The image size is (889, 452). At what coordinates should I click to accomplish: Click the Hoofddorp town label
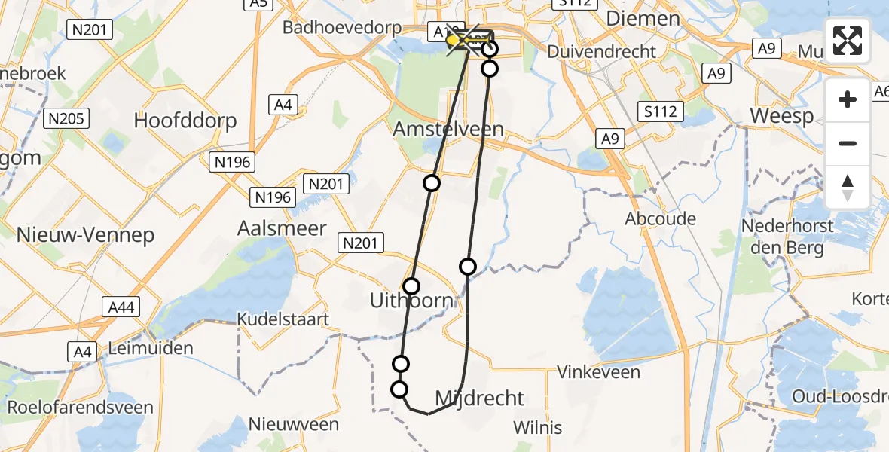click(185, 121)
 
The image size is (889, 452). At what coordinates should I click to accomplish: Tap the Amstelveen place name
click(448, 129)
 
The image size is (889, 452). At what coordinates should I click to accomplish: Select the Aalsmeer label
click(282, 228)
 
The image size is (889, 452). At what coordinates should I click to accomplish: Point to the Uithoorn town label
click(411, 301)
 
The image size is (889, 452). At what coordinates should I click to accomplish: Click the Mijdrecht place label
click(480, 398)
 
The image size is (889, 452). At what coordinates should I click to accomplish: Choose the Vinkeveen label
click(598, 372)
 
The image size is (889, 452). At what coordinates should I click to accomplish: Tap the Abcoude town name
click(661, 218)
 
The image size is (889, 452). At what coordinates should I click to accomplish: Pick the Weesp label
click(782, 117)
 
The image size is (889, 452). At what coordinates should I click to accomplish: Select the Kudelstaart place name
click(283, 319)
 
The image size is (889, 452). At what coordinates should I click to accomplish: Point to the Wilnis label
click(537, 428)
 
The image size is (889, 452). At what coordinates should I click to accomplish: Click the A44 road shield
click(120, 306)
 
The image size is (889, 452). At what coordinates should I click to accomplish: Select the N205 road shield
click(67, 118)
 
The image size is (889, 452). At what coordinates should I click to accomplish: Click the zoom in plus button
click(848, 99)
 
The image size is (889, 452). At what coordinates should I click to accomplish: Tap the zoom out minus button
click(848, 143)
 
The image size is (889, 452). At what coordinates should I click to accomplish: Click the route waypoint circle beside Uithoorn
click(411, 286)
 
